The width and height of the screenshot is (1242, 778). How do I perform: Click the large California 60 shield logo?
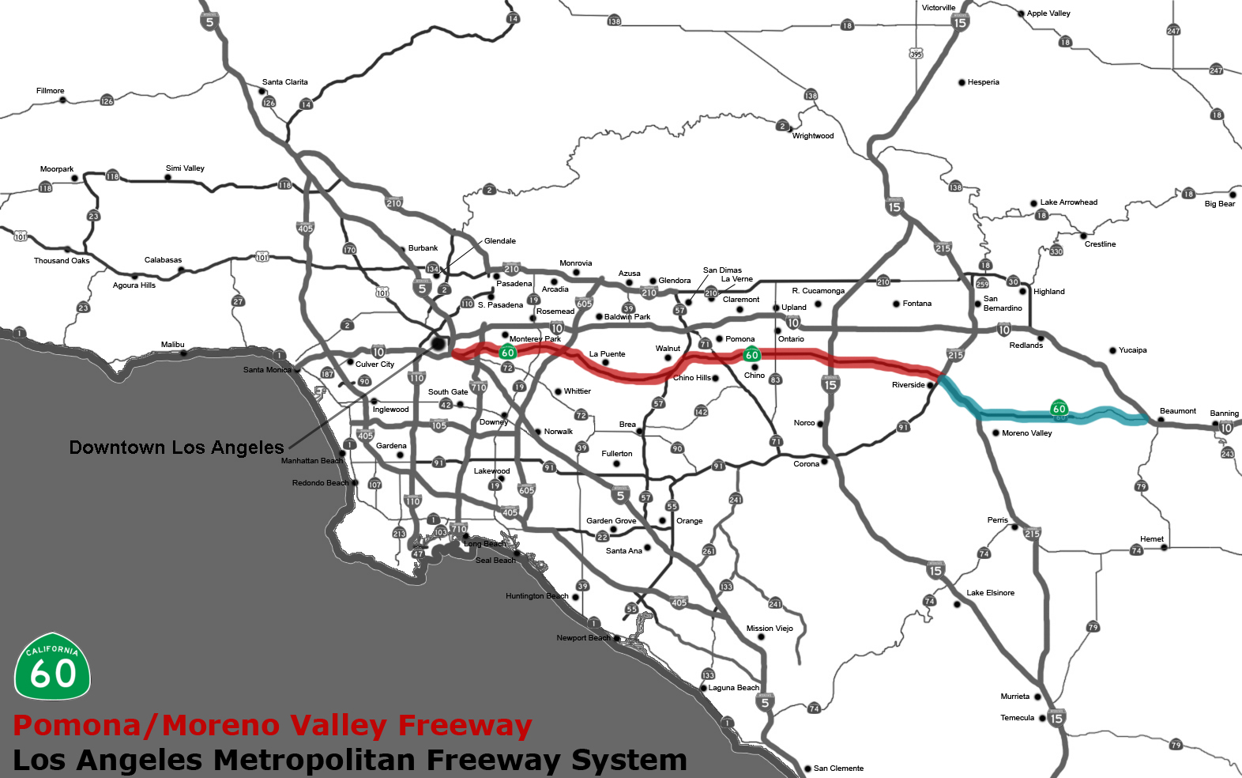click(x=52, y=667)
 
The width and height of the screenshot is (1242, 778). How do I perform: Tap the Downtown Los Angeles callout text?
click(x=176, y=448)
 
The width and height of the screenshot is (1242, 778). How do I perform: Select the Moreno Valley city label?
click(x=1026, y=433)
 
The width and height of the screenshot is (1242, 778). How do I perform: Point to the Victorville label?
click(x=938, y=8)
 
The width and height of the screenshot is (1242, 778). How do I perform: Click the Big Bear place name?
click(x=1219, y=204)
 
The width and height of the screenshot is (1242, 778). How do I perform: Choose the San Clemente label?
click(x=838, y=769)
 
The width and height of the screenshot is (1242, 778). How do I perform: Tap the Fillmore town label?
click(x=50, y=91)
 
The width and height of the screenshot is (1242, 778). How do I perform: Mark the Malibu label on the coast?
click(x=172, y=345)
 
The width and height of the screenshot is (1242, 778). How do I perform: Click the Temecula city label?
click(x=1017, y=718)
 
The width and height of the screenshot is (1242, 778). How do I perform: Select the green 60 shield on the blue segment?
click(x=1059, y=409)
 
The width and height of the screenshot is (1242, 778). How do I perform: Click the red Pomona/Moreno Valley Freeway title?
click(x=272, y=725)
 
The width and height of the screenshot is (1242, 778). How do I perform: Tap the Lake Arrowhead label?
click(x=1068, y=202)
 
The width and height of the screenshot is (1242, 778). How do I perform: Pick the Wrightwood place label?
click(x=813, y=136)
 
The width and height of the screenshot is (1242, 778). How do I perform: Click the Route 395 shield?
click(x=916, y=54)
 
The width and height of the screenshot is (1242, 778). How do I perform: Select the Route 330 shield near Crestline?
click(x=1056, y=251)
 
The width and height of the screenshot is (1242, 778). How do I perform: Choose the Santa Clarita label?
click(x=284, y=82)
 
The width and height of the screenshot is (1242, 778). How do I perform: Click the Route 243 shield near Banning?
click(x=1227, y=453)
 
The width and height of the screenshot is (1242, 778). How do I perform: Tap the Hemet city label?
click(x=1151, y=539)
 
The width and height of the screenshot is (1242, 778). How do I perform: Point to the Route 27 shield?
click(x=238, y=301)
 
